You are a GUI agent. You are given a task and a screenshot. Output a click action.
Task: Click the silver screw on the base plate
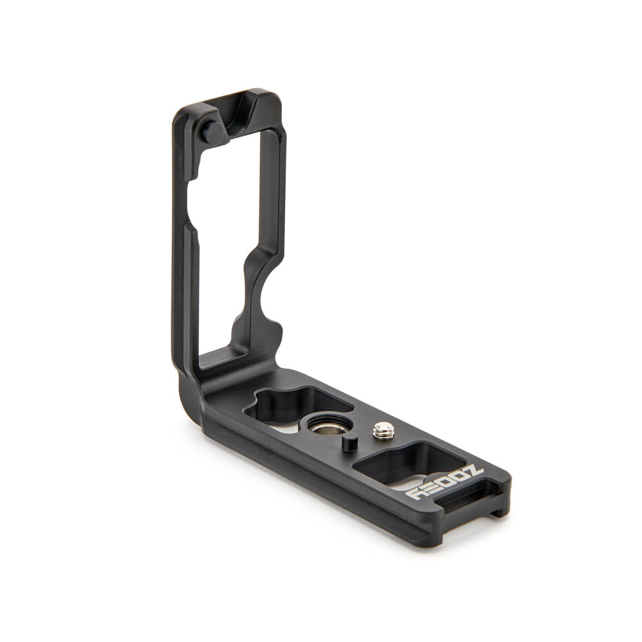point(383,431)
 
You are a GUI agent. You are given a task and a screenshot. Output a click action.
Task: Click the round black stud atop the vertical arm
point(213,132)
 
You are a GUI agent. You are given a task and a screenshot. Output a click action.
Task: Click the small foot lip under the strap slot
point(498,512)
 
